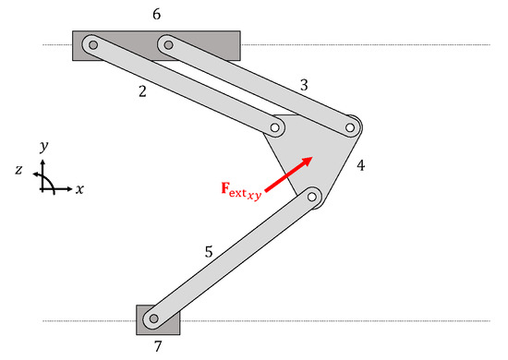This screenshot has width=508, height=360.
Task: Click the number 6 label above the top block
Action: [x=156, y=16]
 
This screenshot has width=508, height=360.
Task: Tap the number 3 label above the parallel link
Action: [x=304, y=85]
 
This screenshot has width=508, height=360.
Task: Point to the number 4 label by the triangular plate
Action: [x=360, y=166]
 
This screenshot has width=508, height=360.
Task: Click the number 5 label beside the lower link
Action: [x=208, y=251]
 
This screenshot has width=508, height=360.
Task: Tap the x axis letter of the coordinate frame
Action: [x=80, y=188]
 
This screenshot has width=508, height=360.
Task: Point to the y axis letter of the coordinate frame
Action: [x=44, y=147]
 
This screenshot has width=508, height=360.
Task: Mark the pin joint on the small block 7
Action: [x=153, y=319]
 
